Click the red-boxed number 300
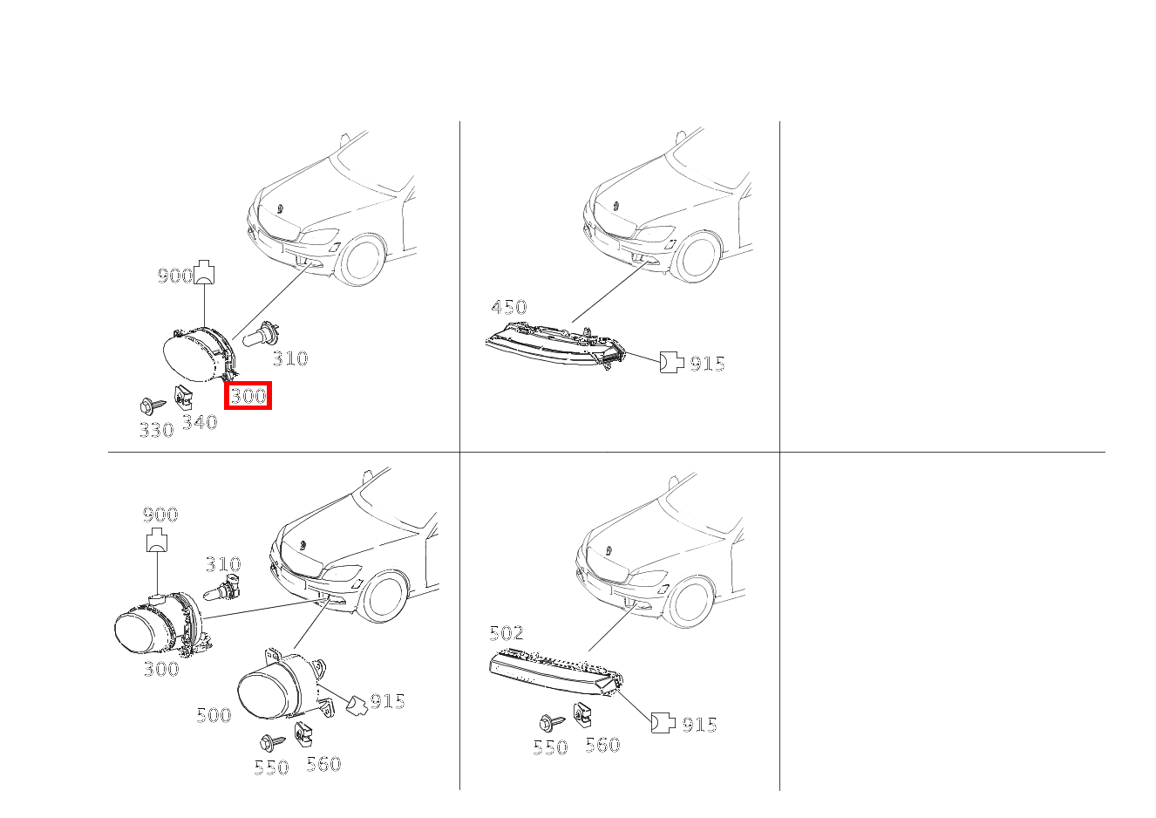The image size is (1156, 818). pyautogui.click(x=248, y=396)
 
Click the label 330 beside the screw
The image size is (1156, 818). pyautogui.click(x=156, y=430)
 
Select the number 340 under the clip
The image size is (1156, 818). pyautogui.click(x=199, y=423)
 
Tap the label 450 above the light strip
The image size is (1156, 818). pyautogui.click(x=508, y=307)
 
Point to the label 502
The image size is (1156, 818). pyautogui.click(x=507, y=633)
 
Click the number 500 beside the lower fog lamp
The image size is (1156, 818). pyautogui.click(x=214, y=715)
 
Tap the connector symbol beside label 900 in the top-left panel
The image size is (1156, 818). pyautogui.click(x=205, y=273)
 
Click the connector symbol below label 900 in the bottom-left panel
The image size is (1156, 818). pyautogui.click(x=158, y=542)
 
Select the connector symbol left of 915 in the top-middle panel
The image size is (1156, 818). pyautogui.click(x=670, y=362)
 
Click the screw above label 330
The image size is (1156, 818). pyautogui.click(x=150, y=406)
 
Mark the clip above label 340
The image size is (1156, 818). pyautogui.click(x=183, y=397)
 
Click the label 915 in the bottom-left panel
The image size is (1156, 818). pyautogui.click(x=387, y=701)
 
